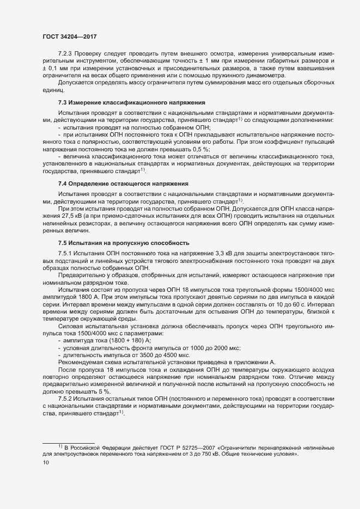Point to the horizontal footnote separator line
[68, 441]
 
